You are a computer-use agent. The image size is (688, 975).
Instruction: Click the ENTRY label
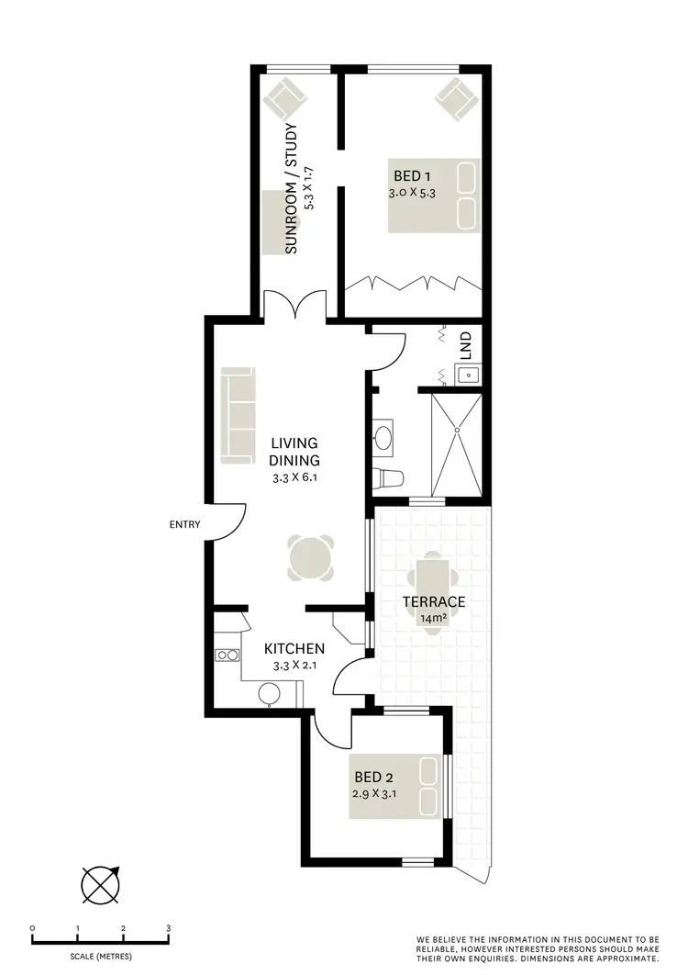(184, 525)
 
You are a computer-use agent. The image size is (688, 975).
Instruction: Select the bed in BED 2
(394, 786)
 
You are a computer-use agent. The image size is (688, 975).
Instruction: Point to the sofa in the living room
(238, 416)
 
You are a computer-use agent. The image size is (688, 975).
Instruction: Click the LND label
(466, 344)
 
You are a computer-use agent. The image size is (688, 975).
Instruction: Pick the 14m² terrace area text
(434, 618)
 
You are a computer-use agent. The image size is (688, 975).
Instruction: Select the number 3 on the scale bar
(169, 928)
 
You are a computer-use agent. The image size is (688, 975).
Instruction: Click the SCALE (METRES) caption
(99, 956)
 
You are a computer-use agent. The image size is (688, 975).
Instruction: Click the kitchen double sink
(227, 655)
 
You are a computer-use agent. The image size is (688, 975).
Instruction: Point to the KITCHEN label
(294, 648)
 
